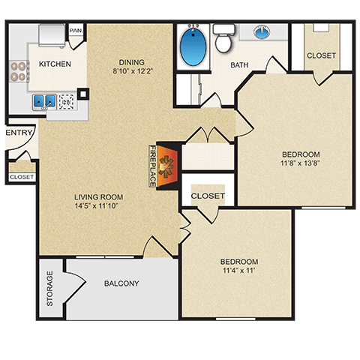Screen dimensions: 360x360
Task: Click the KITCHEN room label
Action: (x=55, y=64)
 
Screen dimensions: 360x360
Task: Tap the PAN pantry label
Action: (x=75, y=31)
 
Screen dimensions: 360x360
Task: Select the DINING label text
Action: (x=132, y=62)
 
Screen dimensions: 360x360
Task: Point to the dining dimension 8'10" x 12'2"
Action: (x=132, y=73)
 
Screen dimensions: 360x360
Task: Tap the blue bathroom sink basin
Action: (x=262, y=32)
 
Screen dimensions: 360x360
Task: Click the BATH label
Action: (x=239, y=65)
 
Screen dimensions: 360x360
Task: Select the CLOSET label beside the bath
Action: (x=321, y=56)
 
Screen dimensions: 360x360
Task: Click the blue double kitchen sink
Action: (x=43, y=100)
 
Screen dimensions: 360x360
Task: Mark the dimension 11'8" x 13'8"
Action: (x=300, y=165)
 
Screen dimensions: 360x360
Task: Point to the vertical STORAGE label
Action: (x=50, y=289)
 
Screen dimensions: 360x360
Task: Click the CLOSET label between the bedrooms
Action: (x=208, y=196)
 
